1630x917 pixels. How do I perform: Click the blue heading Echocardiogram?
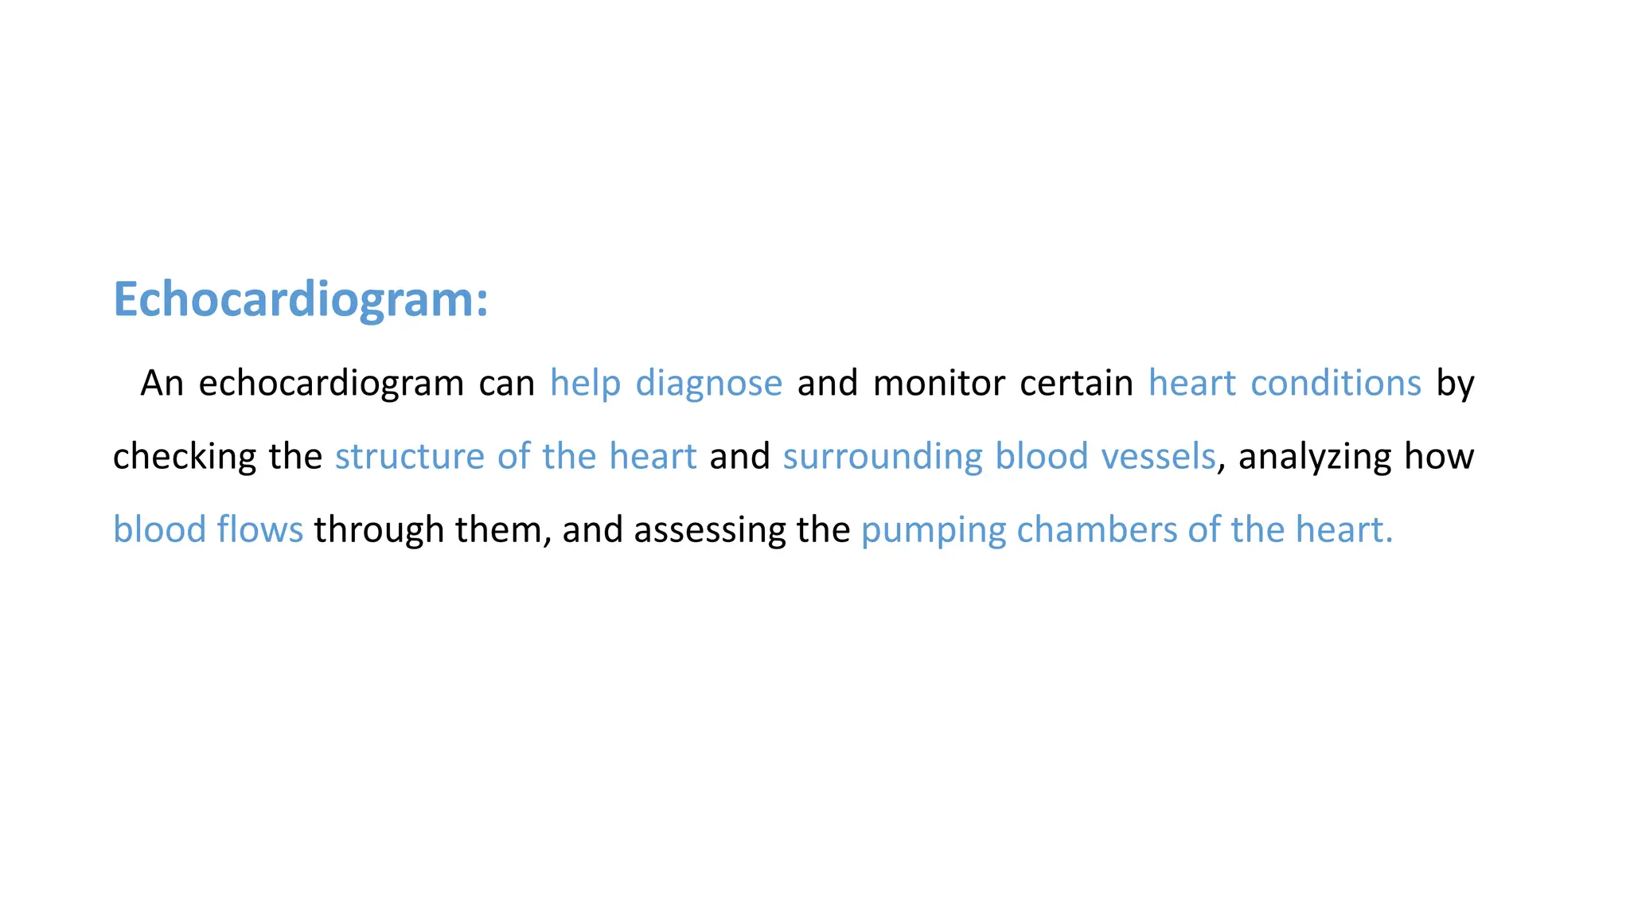[x=300, y=300]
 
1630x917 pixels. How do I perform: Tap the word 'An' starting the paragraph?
[x=162, y=384]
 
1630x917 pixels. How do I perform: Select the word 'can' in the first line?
[x=506, y=384]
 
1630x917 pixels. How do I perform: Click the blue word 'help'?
[x=585, y=384]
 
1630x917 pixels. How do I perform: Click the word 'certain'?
[x=1076, y=384]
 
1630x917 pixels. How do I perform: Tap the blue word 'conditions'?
[x=1336, y=384]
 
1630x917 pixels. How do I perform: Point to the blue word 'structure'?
[x=409, y=457]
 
